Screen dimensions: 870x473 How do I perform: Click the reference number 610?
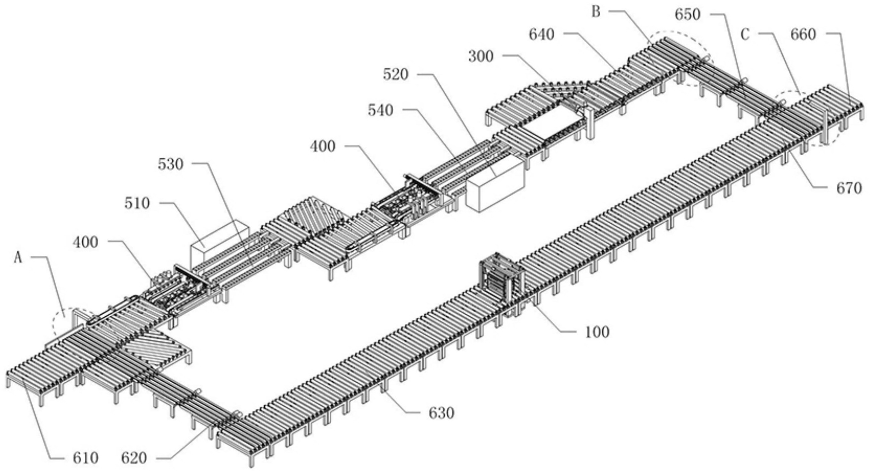[85, 458]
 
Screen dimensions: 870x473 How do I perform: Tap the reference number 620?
[134, 458]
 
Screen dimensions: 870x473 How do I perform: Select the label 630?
[441, 413]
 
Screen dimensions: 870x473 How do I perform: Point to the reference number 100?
[597, 332]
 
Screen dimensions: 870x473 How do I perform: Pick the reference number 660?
[803, 34]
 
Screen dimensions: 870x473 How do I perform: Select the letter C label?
[745, 34]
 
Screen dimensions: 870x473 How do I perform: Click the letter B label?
[596, 12]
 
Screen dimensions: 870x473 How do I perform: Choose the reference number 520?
[396, 75]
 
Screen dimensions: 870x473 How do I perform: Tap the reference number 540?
[381, 111]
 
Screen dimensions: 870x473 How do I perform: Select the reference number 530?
[171, 165]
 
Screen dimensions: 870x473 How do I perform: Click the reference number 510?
[137, 204]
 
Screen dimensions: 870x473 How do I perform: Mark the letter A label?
[18, 259]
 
